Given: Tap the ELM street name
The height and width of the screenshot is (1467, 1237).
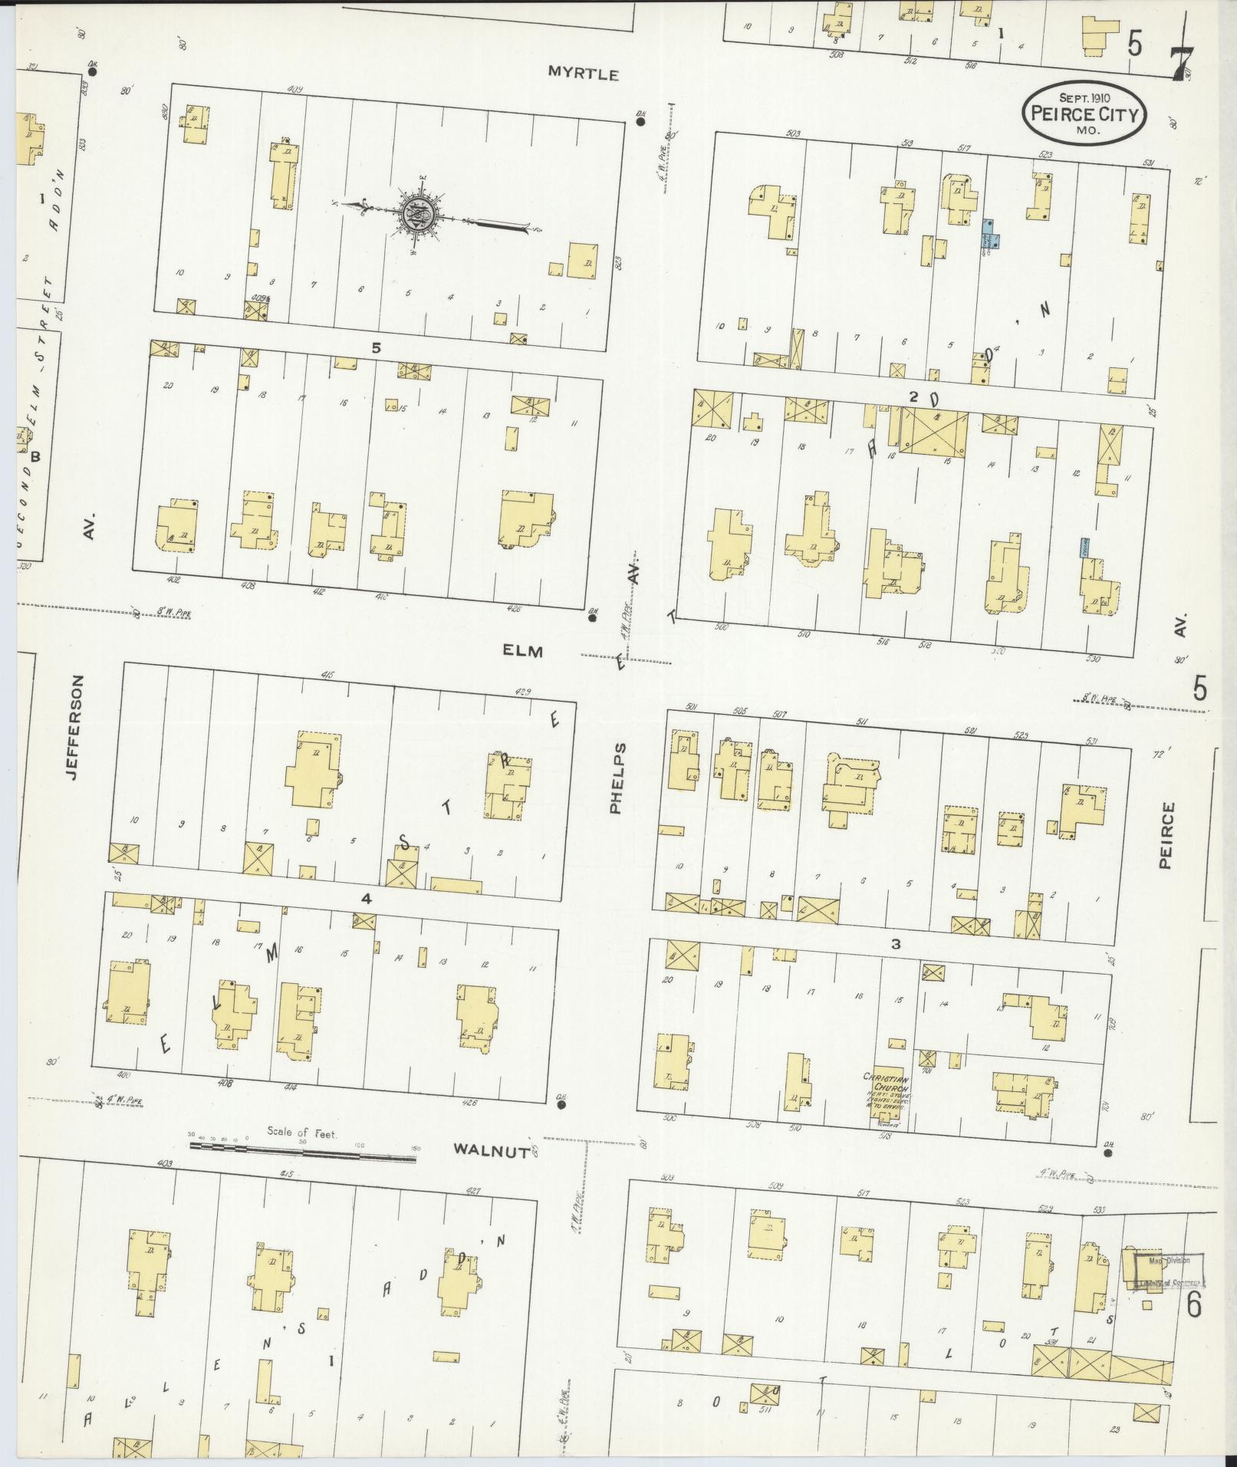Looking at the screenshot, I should coord(523,651).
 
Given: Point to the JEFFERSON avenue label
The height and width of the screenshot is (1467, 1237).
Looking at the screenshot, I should coord(74,728).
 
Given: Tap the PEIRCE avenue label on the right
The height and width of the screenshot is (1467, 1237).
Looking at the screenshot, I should coord(1166,835).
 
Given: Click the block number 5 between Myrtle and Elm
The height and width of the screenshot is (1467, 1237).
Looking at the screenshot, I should coord(376,347).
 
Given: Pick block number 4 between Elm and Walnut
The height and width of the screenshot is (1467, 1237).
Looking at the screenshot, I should coord(367,899).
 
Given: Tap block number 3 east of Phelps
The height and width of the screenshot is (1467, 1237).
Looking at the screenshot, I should coord(895,945).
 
